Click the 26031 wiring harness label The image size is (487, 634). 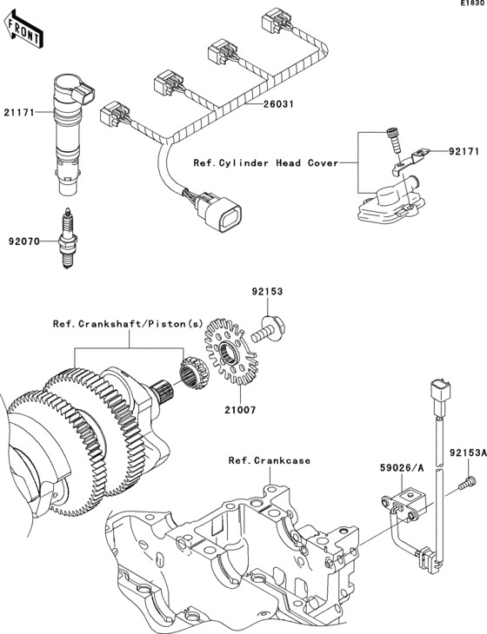[x=280, y=104]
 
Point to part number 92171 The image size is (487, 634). [x=464, y=152]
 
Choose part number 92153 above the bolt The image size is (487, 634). [x=269, y=293]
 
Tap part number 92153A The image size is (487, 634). [x=467, y=452]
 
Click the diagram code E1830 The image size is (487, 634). [x=472, y=4]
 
